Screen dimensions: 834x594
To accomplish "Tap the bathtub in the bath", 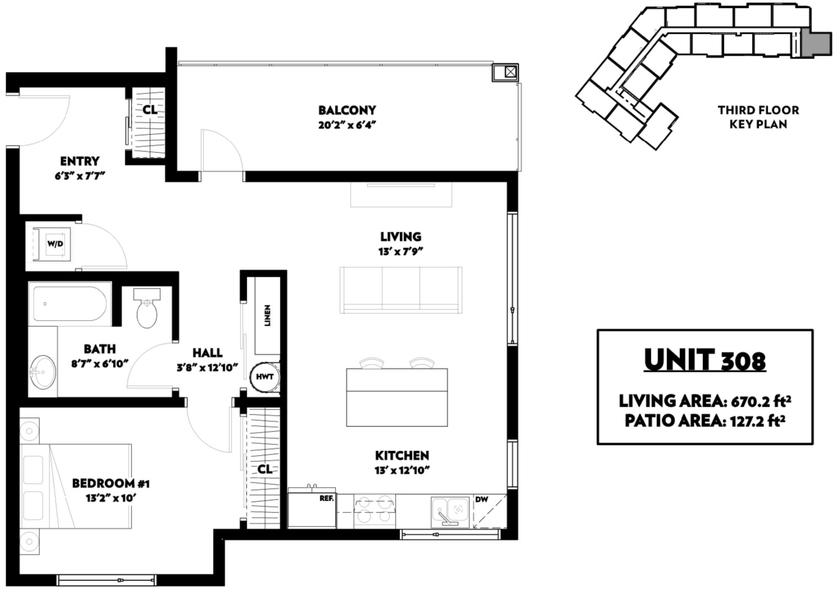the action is [x=70, y=304].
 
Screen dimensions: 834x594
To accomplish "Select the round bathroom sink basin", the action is [x=43, y=372].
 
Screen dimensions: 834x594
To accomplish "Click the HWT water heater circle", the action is [x=265, y=377].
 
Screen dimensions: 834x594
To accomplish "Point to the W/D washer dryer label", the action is [x=55, y=244].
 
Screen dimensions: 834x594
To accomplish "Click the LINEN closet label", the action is [x=268, y=315].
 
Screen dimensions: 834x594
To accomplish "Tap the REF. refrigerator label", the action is [x=327, y=498].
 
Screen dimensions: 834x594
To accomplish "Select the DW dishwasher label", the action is [x=482, y=499].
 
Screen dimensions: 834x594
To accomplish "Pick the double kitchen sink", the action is [x=450, y=512].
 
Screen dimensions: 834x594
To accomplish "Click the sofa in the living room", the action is [x=401, y=290].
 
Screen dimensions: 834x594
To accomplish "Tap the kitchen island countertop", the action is [x=397, y=397].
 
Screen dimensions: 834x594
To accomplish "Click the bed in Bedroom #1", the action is [x=75, y=486].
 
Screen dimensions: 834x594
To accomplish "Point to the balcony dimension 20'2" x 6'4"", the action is [x=347, y=125].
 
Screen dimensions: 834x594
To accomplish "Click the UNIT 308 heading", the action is [x=705, y=361].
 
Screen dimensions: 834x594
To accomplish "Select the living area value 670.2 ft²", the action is [x=761, y=402].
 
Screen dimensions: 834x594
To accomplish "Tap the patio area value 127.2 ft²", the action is [x=758, y=421].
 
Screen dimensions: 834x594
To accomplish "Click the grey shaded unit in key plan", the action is [x=816, y=43].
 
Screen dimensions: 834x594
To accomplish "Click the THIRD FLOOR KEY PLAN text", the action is [x=758, y=117].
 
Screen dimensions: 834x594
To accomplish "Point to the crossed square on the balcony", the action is [x=510, y=71].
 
